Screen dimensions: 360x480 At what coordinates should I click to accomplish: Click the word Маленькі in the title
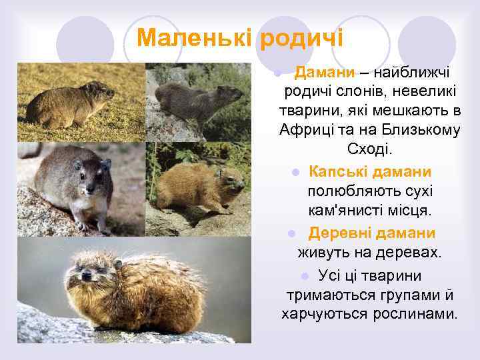[x=193, y=37]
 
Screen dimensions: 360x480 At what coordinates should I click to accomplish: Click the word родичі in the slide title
[x=301, y=37]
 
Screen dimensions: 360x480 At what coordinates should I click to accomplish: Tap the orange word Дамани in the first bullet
[x=323, y=71]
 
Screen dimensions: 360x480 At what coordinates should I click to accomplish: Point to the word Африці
[x=307, y=129]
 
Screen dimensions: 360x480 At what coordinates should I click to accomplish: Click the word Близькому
[x=423, y=129]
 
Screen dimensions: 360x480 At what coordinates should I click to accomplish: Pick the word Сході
[x=370, y=148]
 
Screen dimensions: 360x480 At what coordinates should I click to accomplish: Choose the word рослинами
[x=413, y=313]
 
